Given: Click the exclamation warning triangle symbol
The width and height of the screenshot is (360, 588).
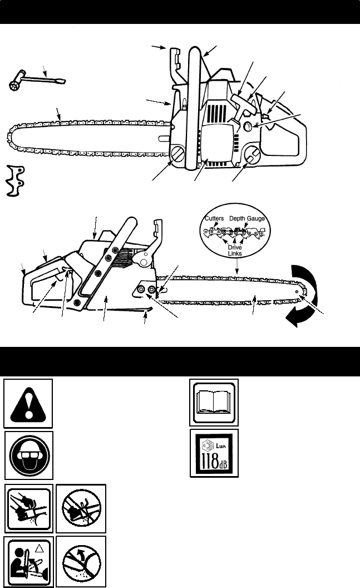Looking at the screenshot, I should [28, 403].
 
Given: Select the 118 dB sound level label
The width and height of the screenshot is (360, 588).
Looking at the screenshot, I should [214, 453].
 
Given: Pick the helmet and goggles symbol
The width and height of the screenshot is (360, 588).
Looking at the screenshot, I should [28, 454].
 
